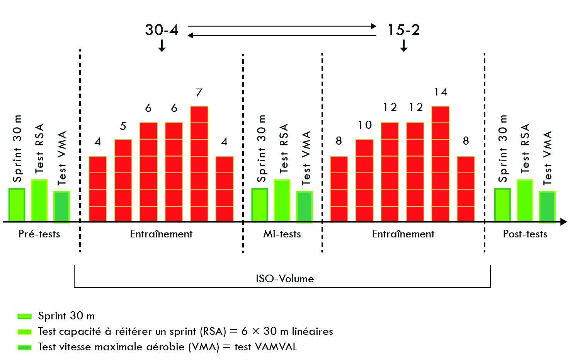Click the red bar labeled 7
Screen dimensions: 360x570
(199, 164)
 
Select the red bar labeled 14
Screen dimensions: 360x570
(441, 164)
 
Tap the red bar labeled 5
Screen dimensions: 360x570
(123, 180)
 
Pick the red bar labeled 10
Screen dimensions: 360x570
(364, 180)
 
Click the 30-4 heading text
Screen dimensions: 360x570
(162, 30)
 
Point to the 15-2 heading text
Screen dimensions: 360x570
(403, 30)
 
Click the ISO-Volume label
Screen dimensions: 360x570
(285, 279)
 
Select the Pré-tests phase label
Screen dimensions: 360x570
(39, 234)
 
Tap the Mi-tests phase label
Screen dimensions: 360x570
(282, 234)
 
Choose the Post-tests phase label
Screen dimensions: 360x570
(525, 234)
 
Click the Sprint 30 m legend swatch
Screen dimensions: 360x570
(24, 316)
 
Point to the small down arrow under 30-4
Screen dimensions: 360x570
(162, 46)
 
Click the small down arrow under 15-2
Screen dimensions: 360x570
(404, 46)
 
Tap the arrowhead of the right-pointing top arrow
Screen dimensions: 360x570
(374, 26)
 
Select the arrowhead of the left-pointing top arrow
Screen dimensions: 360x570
(191, 36)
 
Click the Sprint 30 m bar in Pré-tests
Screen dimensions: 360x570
(17, 205)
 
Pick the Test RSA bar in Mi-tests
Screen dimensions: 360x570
(282, 200)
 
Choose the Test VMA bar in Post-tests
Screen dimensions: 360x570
(547, 207)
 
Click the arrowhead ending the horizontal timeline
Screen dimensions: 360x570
(564, 222)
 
